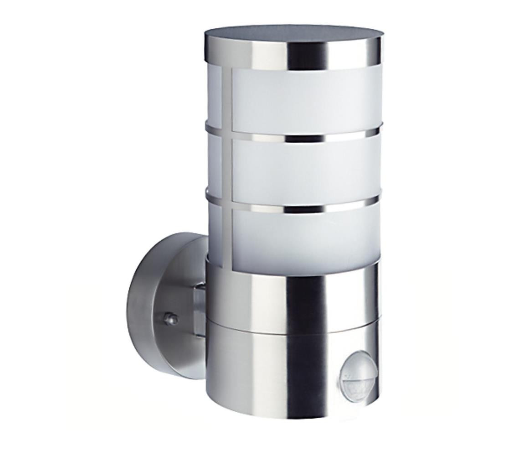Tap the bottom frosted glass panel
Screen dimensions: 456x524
click(x=305, y=239)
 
